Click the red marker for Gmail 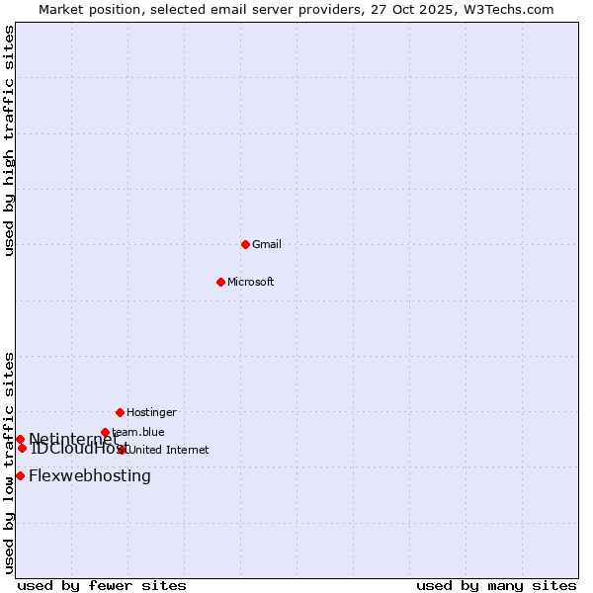(245, 244)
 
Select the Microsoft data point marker (220, 282)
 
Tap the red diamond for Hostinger (120, 412)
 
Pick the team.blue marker (105, 432)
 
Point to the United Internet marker (123, 450)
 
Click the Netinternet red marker (20, 439)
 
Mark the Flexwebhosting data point (20, 475)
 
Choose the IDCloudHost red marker (22, 448)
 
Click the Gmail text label (267, 244)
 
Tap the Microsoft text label (251, 282)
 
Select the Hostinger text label (151, 412)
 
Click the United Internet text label (169, 450)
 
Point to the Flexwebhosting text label (90, 475)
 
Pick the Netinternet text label (73, 439)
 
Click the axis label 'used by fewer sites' (102, 585)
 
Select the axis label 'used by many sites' (496, 585)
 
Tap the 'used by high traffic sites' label (10, 140)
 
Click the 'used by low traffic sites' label (10, 463)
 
